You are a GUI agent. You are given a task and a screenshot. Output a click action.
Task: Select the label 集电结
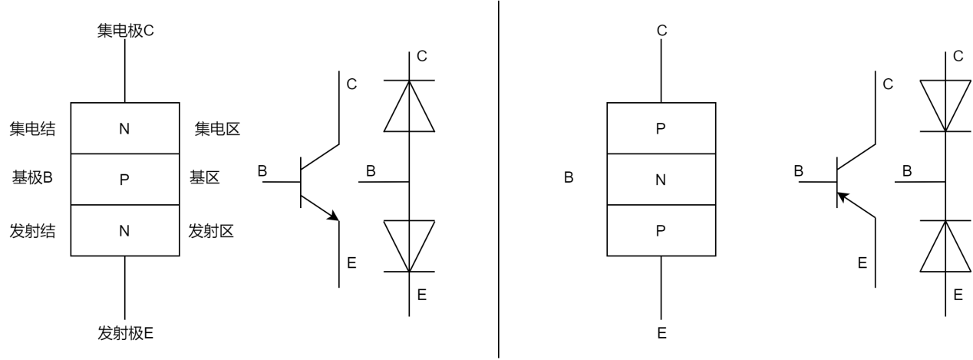[x=32, y=128]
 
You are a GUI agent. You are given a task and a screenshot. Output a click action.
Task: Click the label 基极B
[x=32, y=178]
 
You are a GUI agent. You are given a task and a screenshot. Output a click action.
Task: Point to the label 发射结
[x=32, y=230]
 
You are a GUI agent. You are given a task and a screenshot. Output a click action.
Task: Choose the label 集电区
[x=217, y=128]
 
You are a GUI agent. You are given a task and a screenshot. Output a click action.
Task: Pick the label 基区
[x=205, y=178]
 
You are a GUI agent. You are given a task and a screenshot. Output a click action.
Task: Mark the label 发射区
[x=211, y=230]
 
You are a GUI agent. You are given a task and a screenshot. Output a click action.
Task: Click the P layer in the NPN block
[x=124, y=180]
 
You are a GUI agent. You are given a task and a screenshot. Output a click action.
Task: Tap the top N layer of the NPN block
[x=124, y=128]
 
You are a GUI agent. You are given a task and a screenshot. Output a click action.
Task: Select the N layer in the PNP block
[x=661, y=180]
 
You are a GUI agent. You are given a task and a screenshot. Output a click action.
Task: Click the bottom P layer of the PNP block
[x=661, y=230]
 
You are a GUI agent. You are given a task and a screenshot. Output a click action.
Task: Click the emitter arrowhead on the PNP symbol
[x=843, y=197]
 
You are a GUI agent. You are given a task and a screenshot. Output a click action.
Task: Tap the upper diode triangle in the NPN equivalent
[x=409, y=107]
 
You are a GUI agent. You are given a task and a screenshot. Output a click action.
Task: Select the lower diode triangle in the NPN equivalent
[x=409, y=244]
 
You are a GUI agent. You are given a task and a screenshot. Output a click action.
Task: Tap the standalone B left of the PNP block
[x=569, y=179]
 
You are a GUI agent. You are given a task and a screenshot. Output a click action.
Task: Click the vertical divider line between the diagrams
[x=500, y=180]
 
